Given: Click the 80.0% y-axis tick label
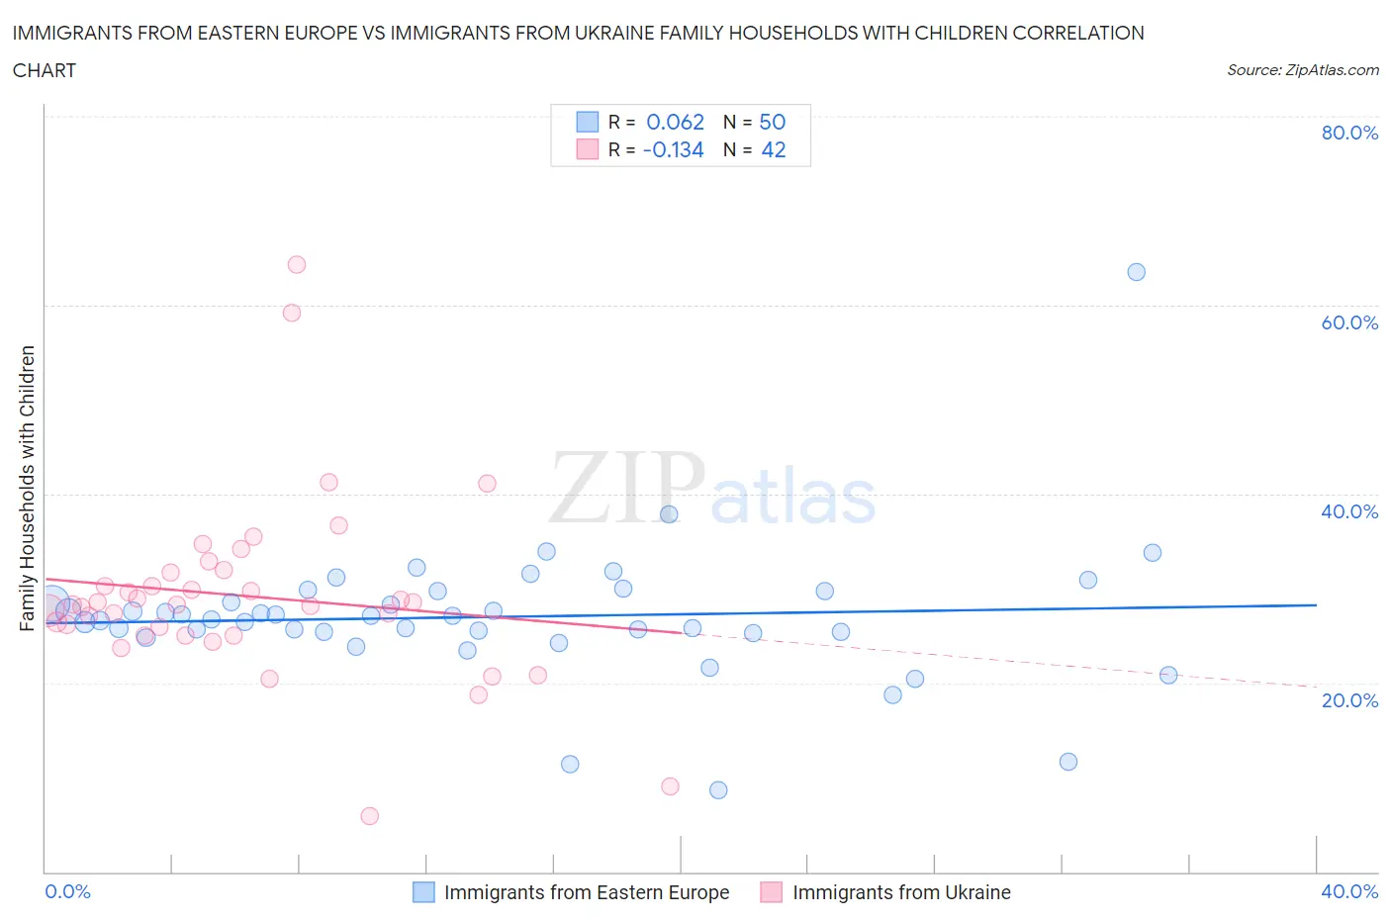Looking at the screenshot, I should pyautogui.click(x=1349, y=133).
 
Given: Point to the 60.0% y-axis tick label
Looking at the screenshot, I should pyautogui.click(x=1349, y=322).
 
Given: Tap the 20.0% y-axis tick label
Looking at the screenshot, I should pyautogui.click(x=1349, y=700).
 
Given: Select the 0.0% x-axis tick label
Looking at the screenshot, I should pyautogui.click(x=67, y=891).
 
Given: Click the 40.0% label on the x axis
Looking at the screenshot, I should pyautogui.click(x=1349, y=891).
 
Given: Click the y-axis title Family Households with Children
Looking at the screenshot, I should pyautogui.click(x=27, y=488).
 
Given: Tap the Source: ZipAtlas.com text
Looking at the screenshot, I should pyautogui.click(x=1302, y=70).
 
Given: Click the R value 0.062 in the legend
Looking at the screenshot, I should pyautogui.click(x=675, y=122).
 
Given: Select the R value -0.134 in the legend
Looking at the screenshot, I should pyautogui.click(x=673, y=149).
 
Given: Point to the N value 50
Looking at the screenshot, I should pyautogui.click(x=772, y=122).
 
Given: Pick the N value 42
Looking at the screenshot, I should pyautogui.click(x=773, y=149).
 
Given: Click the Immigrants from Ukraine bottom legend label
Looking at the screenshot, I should pyautogui.click(x=901, y=892).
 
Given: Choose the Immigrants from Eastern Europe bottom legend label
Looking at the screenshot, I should pyautogui.click(x=586, y=892).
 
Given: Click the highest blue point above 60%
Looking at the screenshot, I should pyautogui.click(x=1136, y=272).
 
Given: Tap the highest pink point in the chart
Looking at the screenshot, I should pyautogui.click(x=296, y=264).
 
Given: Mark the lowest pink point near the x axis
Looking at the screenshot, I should pyautogui.click(x=369, y=816).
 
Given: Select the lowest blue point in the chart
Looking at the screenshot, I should pyautogui.click(x=718, y=790).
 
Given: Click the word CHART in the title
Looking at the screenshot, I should pyautogui.click(x=45, y=70).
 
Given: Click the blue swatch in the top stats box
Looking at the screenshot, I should pyautogui.click(x=588, y=122).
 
